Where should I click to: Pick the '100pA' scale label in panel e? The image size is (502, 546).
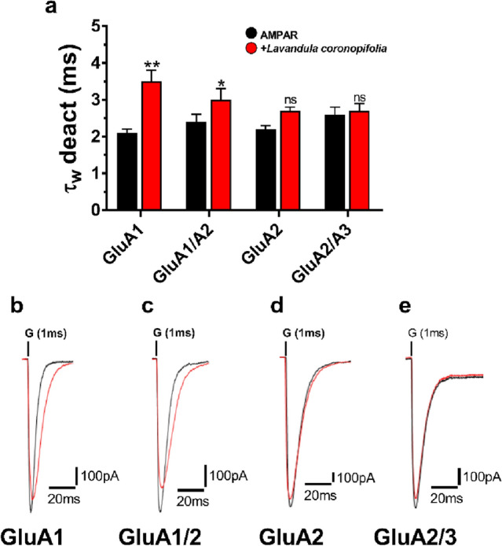pyautogui.click(x=481, y=477)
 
